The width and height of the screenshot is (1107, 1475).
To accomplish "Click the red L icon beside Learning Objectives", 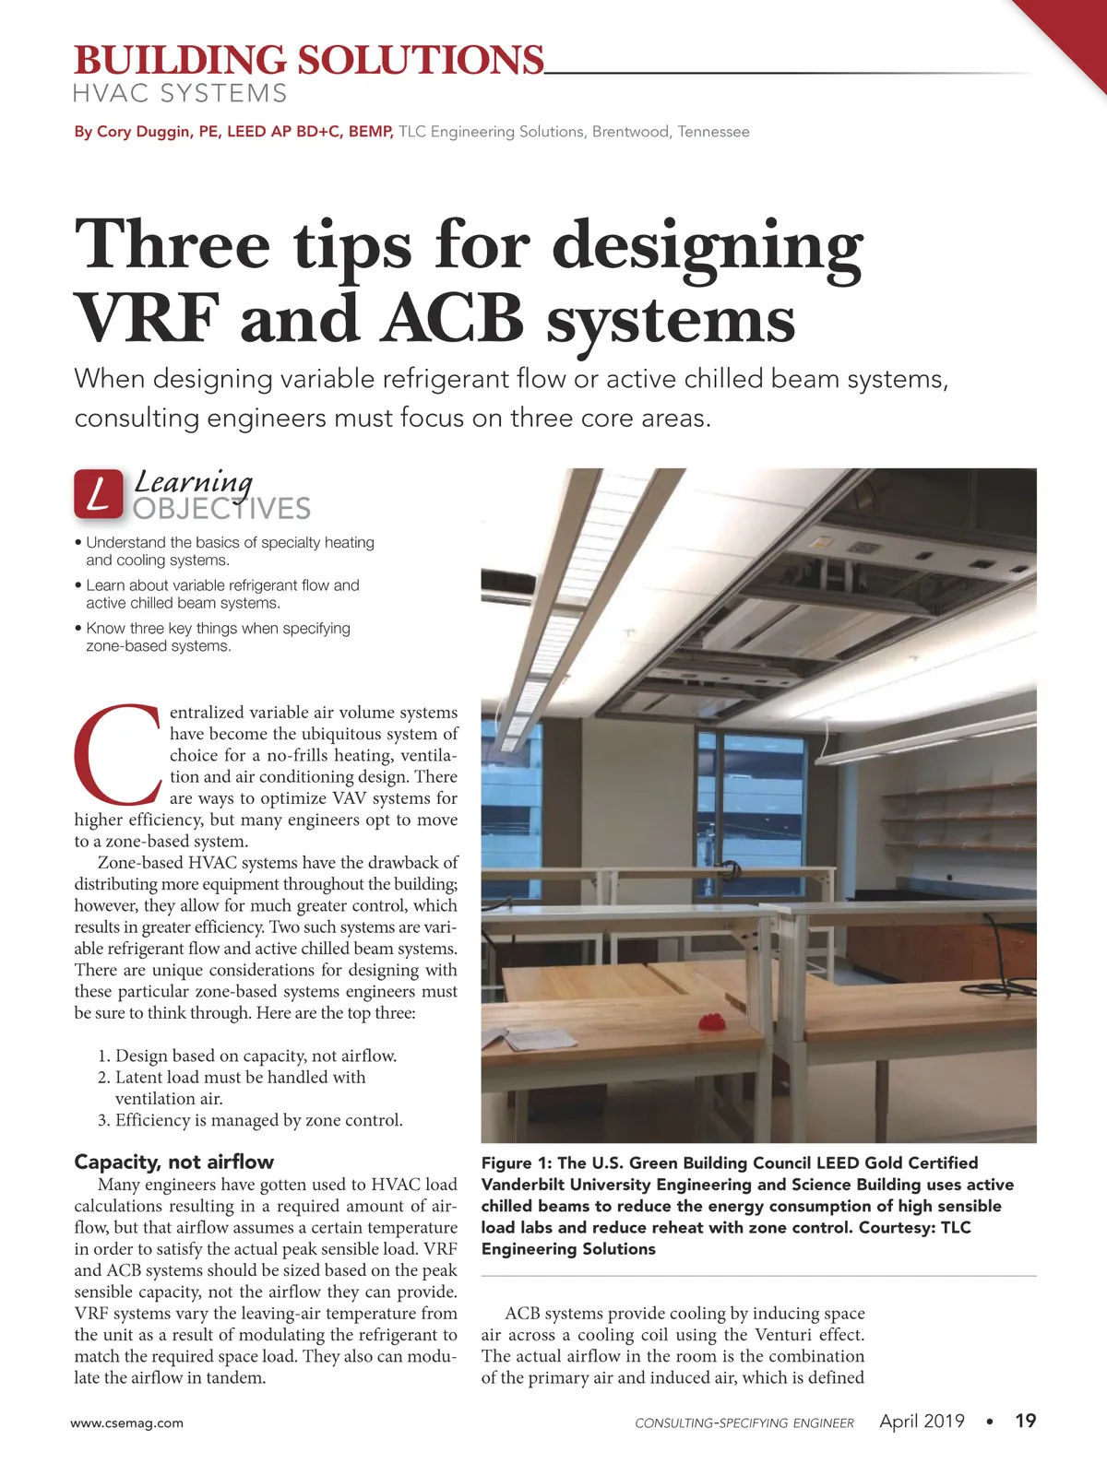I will (x=99, y=494).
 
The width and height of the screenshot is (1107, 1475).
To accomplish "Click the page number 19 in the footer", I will (x=1025, y=1421).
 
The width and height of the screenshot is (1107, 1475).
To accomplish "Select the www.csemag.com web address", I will (x=127, y=1422).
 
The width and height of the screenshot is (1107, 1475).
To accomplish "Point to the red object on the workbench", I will (x=711, y=1022).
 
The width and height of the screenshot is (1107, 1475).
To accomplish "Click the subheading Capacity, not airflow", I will (x=173, y=1162).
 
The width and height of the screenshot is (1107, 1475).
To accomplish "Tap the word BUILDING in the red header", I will (x=180, y=61).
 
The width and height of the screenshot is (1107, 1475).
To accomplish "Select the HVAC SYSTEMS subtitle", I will (x=180, y=94).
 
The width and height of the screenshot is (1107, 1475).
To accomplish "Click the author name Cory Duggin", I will (x=144, y=132).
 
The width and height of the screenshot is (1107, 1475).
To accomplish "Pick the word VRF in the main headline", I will (x=147, y=319).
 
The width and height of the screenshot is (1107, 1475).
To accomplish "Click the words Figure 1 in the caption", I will (x=515, y=1163).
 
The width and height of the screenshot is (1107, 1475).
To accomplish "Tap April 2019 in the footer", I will (x=922, y=1421).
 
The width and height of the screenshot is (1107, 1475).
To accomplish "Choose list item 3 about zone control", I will (x=250, y=1120).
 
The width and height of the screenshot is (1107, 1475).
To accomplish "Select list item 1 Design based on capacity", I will (x=247, y=1056).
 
